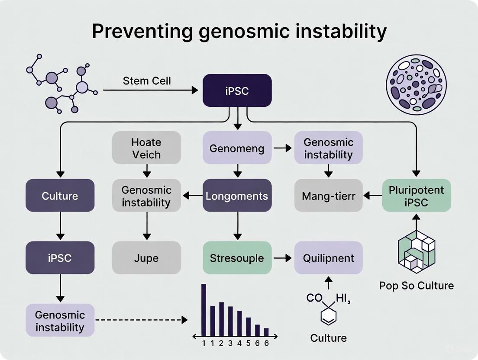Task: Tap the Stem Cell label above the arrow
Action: tap(147, 81)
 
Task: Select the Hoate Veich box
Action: tap(146, 148)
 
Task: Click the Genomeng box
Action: tap(237, 148)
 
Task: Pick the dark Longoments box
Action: tap(237, 196)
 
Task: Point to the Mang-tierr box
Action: tap(328, 196)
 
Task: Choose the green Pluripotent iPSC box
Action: tap(416, 196)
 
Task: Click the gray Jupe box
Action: tap(146, 258)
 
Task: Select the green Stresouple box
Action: tap(237, 258)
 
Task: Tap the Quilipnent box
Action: tap(328, 258)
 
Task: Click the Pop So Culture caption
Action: tap(416, 286)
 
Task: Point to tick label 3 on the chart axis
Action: tap(230, 343)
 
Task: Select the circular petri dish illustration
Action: tap(416, 84)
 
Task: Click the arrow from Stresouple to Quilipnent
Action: tap(283, 258)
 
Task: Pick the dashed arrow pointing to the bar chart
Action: tap(141, 320)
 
